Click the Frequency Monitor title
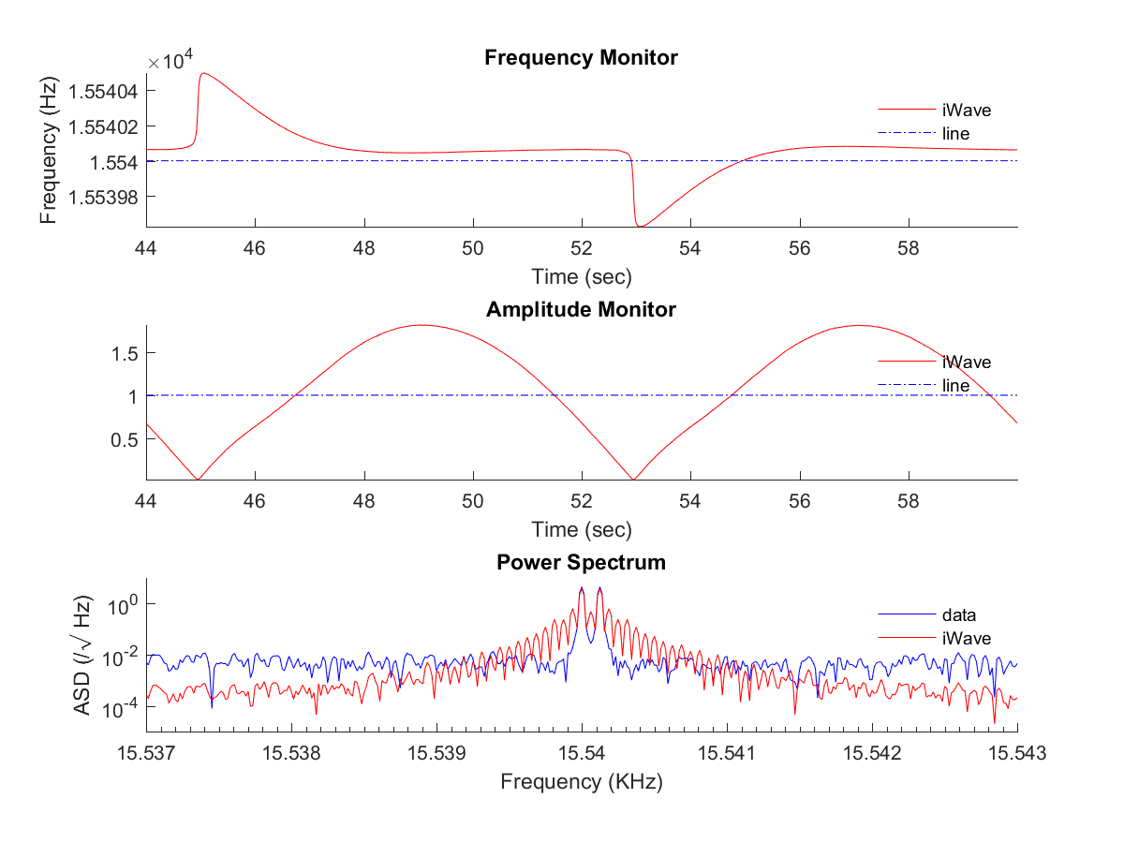(x=581, y=58)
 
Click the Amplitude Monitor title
(x=581, y=309)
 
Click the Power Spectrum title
(x=581, y=562)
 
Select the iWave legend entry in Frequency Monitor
(x=966, y=111)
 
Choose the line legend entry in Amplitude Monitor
(x=955, y=385)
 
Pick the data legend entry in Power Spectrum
(x=958, y=615)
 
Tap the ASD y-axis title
(x=82, y=655)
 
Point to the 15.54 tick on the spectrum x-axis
(x=582, y=752)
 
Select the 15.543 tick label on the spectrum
(x=1017, y=752)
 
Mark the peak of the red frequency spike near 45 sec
(x=201, y=74)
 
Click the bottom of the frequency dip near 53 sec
(x=640, y=226)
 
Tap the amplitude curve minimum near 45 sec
(x=198, y=479)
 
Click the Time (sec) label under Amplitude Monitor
(x=581, y=530)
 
